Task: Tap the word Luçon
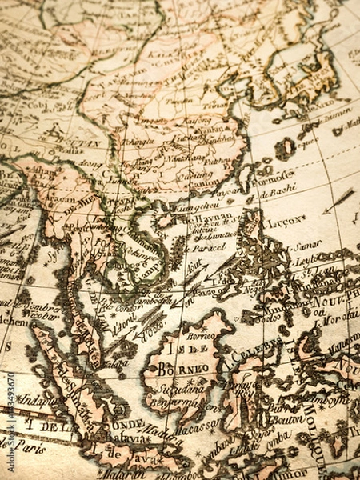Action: (x=286, y=218)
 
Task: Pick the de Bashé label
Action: (x=276, y=189)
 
